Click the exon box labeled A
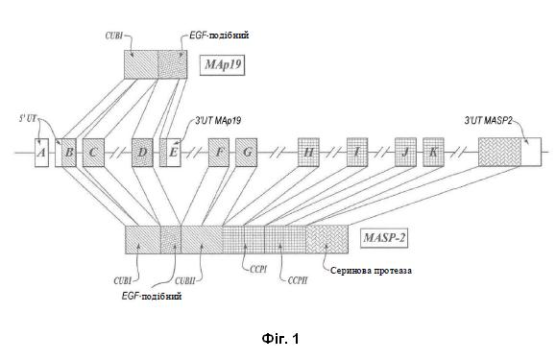[41, 153]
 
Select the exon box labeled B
[69, 153]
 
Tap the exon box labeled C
[93, 153]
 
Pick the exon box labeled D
[142, 153]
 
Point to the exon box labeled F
[218, 153]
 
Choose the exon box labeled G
[246, 153]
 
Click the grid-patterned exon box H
[308, 153]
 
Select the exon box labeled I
[357, 153]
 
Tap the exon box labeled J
[405, 153]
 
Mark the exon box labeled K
[433, 153]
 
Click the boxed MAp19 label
[223, 65]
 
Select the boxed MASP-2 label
[384, 238]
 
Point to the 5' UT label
[28, 119]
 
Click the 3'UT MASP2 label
[488, 120]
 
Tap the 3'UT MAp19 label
[218, 120]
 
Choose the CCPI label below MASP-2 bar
[258, 270]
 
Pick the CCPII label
[298, 281]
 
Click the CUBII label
[185, 281]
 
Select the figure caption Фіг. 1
[280, 339]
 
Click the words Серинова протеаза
[371, 271]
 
